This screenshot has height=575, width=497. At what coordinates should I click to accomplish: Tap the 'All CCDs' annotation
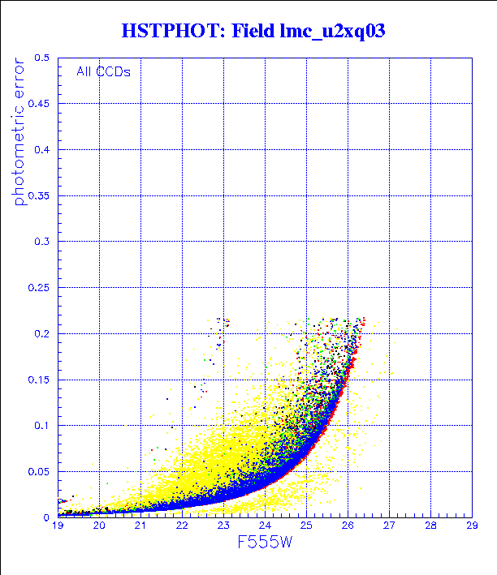pos(103,71)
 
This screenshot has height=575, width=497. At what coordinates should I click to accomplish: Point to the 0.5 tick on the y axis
pos(43,58)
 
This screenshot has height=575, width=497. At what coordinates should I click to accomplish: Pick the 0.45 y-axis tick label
pos(40,104)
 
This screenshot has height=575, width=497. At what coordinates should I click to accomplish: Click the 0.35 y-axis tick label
pos(40,195)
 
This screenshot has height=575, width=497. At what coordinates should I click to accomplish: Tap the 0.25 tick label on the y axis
pos(40,287)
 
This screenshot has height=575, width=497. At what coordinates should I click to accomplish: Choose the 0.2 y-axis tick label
pos(43,333)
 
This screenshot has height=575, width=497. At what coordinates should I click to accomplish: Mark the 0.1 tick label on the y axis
pos(43,425)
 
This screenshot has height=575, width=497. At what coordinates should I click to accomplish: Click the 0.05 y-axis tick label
pos(40,471)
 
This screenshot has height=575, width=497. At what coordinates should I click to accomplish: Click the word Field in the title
pos(252,32)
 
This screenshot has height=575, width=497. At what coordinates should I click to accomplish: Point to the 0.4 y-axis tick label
pos(43,150)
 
